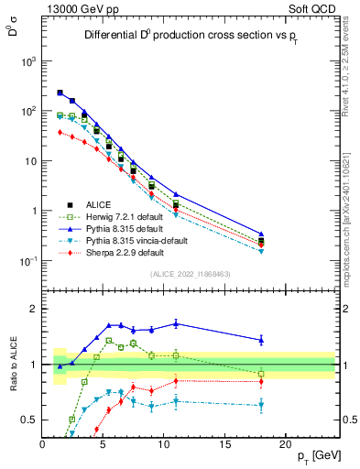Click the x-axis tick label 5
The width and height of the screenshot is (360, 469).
(x=103, y=445)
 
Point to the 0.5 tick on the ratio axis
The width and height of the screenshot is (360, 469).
(x=29, y=420)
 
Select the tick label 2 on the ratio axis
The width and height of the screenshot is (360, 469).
(x=34, y=309)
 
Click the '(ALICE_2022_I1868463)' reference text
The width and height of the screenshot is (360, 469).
(x=191, y=274)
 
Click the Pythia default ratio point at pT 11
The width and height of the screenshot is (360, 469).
(x=176, y=323)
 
